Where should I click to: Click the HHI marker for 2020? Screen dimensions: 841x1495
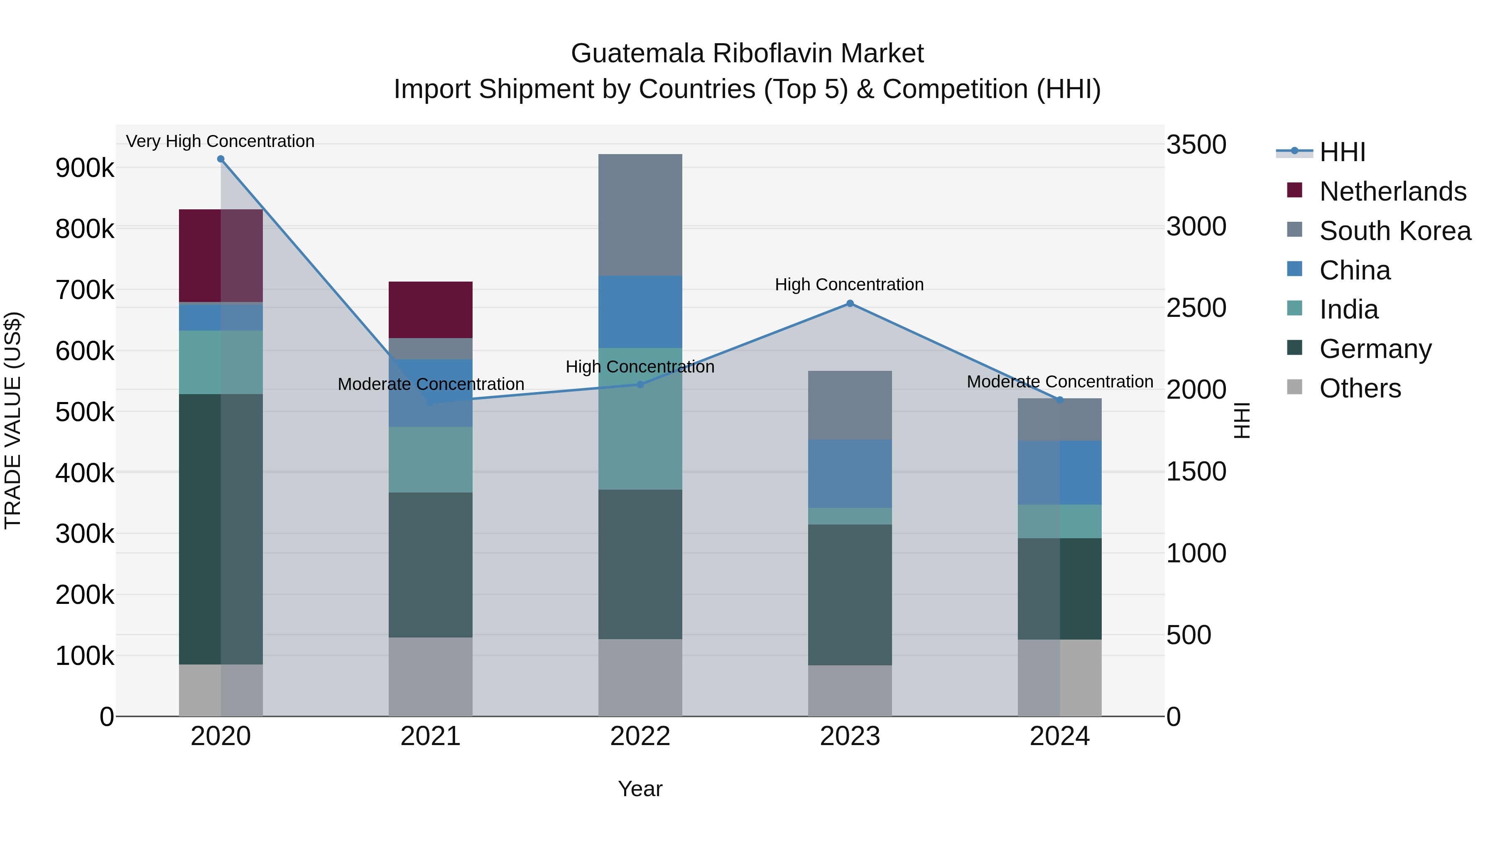tap(221, 159)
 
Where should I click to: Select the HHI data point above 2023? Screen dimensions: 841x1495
tap(850, 304)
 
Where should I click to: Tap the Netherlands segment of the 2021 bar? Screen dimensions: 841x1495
tap(430, 309)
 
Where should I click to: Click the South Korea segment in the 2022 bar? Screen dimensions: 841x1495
tap(640, 215)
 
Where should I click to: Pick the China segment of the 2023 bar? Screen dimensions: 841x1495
tap(850, 473)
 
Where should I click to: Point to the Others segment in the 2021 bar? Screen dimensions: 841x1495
tap(430, 677)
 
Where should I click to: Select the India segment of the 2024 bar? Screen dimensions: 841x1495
tap(1060, 521)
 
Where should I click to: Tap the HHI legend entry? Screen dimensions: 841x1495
tap(1342, 152)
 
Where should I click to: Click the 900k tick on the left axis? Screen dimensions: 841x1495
tap(85, 168)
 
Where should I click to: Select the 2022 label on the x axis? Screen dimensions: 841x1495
tap(640, 736)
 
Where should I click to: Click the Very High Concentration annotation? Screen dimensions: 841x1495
tap(220, 141)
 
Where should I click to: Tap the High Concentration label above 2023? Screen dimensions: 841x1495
tap(849, 284)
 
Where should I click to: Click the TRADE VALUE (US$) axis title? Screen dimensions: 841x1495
tap(13, 420)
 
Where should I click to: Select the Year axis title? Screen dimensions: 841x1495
tap(640, 789)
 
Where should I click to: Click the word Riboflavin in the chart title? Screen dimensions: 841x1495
tap(775, 54)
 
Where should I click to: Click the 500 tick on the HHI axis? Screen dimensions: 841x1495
tap(1189, 635)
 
